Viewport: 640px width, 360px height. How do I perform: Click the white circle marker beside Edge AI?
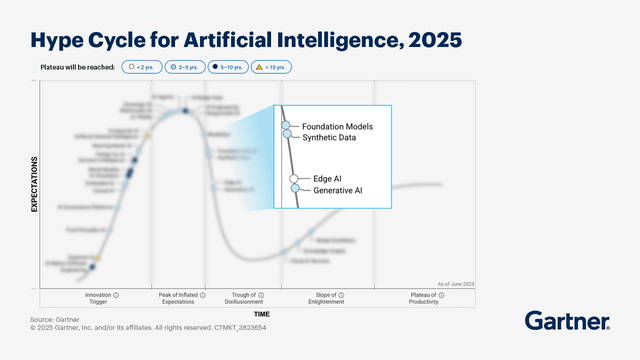tap(295, 179)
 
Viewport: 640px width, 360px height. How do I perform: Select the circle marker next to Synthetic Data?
tap(287, 134)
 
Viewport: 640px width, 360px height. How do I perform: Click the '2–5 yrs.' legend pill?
tap(184, 67)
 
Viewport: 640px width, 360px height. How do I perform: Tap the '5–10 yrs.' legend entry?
tap(229, 67)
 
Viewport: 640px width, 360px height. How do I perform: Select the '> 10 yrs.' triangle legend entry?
tap(272, 67)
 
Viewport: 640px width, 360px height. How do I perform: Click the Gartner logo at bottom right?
tap(567, 321)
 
